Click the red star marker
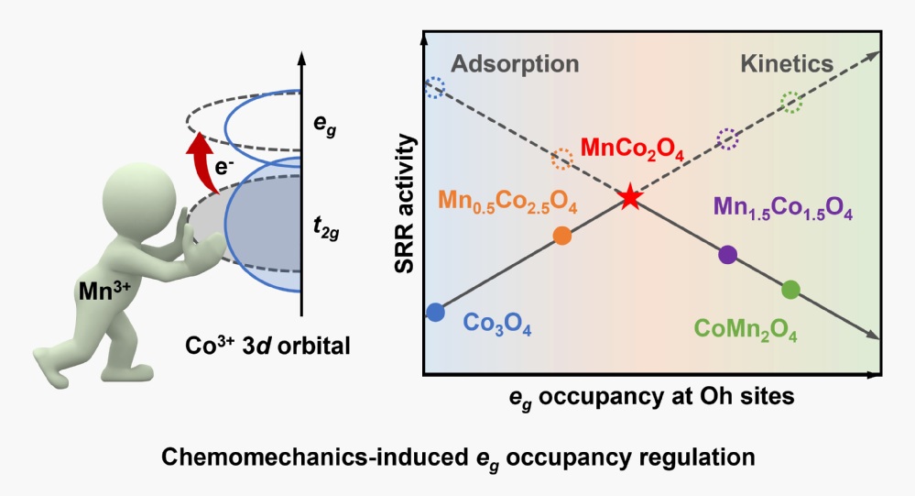click(x=629, y=197)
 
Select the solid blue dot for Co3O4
click(x=436, y=312)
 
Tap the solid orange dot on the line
click(x=562, y=236)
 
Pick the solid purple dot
click(x=728, y=255)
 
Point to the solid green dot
click(x=791, y=290)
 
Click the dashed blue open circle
click(x=436, y=88)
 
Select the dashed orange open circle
click(x=562, y=160)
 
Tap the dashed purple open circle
click(x=728, y=139)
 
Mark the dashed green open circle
click(x=791, y=102)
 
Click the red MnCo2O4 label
click(x=632, y=151)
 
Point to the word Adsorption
click(x=516, y=64)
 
